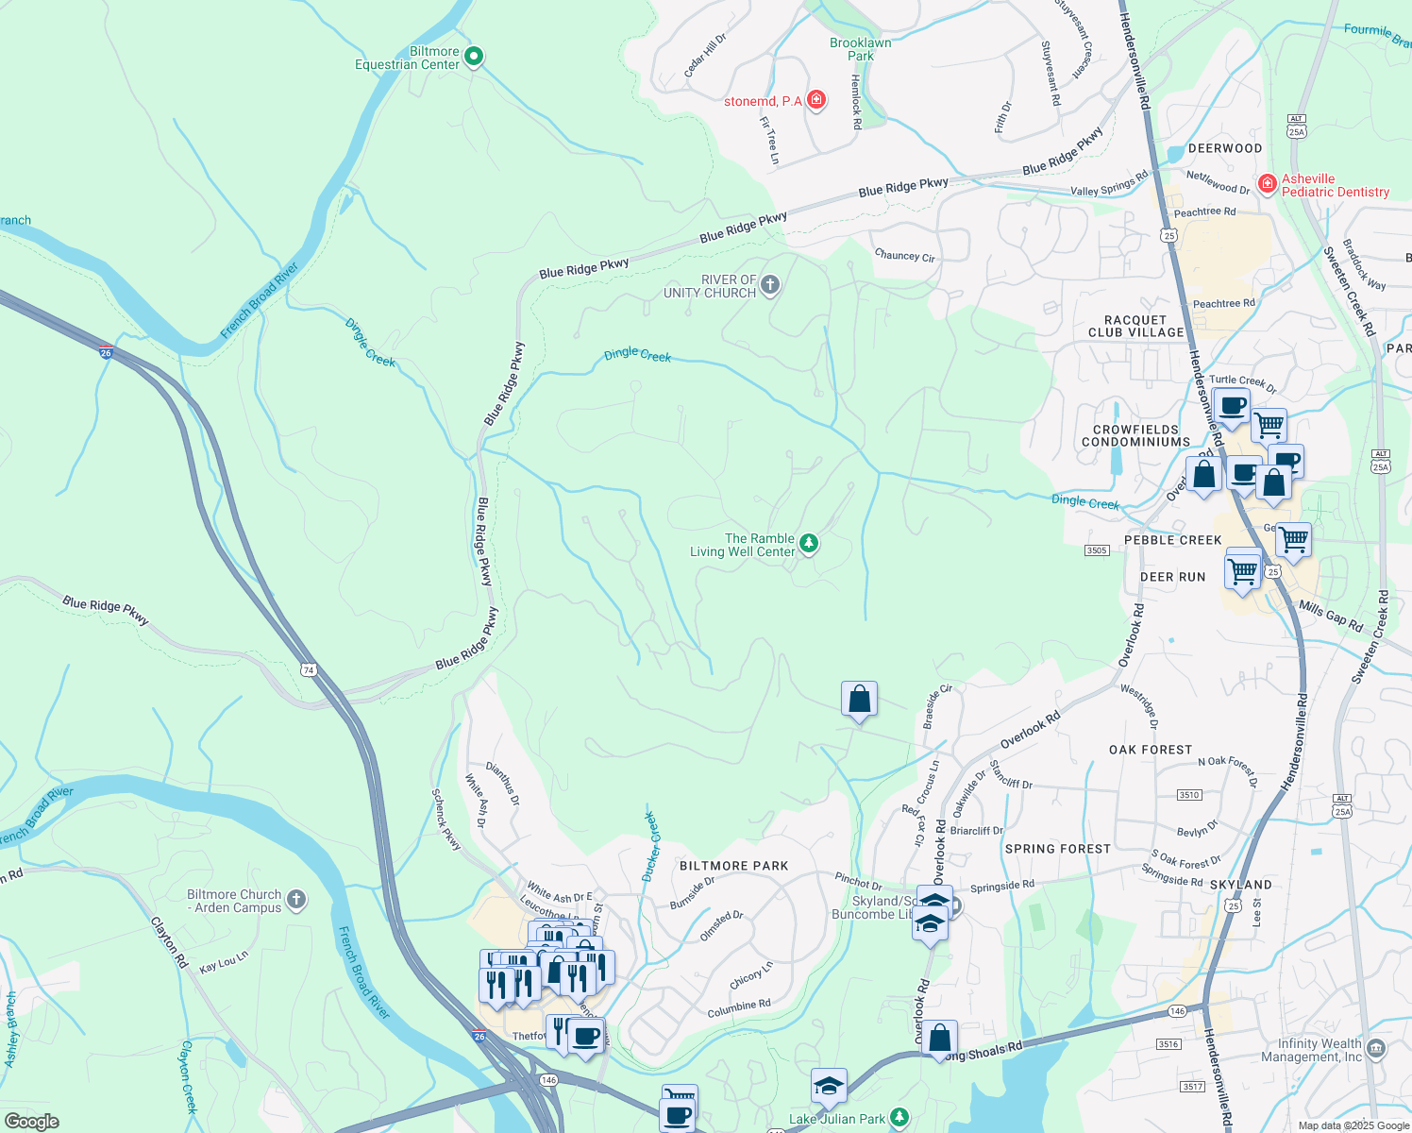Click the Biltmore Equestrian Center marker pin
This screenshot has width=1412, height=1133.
coord(475,58)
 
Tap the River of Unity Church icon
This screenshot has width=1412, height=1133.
coord(770,285)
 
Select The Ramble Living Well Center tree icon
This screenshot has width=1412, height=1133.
coord(808,543)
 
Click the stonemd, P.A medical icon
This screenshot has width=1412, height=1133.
coord(816,100)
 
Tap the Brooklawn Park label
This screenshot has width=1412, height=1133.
coord(860,49)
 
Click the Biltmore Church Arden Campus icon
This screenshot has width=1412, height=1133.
coord(296,900)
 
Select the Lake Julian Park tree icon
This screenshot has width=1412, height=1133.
coord(899,1118)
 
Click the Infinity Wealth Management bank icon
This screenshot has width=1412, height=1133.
coord(1376,1049)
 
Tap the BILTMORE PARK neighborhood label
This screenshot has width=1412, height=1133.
coord(733,866)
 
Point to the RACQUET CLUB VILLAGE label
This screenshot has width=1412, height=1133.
coord(1135,327)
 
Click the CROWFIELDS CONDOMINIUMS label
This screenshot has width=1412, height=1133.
coord(1135,435)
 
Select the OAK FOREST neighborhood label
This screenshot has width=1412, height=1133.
coord(1151,750)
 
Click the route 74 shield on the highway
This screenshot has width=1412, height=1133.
coord(309,670)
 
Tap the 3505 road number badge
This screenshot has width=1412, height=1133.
coord(1096,550)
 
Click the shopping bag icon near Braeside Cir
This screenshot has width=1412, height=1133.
coord(859,700)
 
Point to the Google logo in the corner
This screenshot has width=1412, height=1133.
coord(31,1122)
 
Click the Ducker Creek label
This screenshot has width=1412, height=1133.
coord(651,847)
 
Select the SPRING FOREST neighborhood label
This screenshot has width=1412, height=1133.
coord(1057,849)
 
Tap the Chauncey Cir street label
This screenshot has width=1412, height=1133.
coord(904,255)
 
